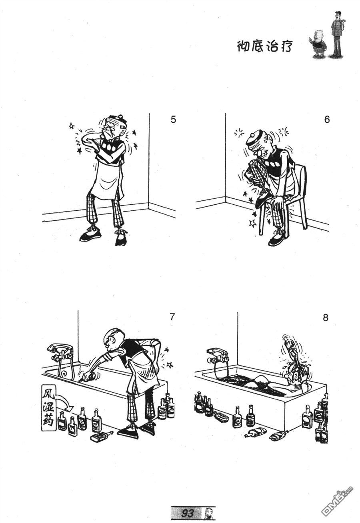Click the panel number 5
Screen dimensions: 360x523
pyautogui.click(x=173, y=120)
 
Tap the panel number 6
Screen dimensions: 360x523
pyautogui.click(x=327, y=120)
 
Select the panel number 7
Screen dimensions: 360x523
pyautogui.click(x=172, y=317)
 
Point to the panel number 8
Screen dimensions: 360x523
pyautogui.click(x=326, y=317)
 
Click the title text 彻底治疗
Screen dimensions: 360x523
pyautogui.click(x=264, y=46)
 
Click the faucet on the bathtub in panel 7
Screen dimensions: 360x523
pyautogui.click(x=60, y=351)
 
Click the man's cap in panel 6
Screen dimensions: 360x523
pyautogui.click(x=256, y=137)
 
